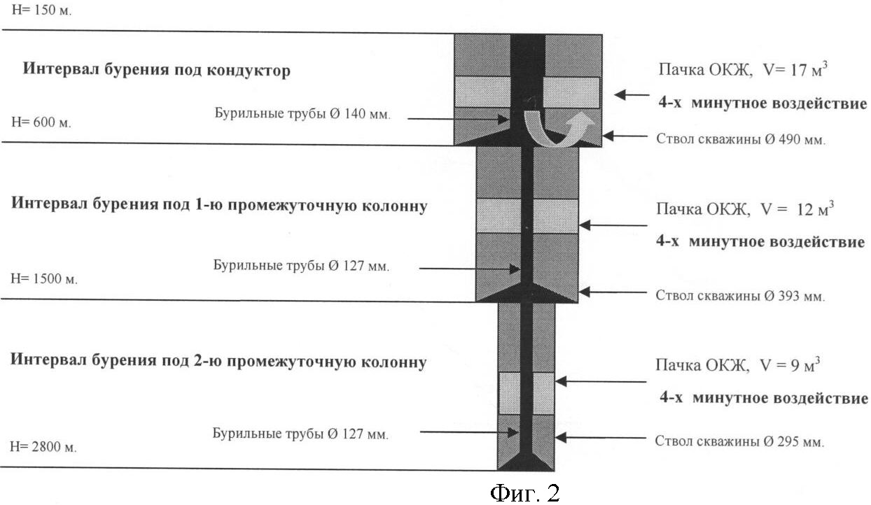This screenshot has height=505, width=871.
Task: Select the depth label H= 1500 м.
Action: [44, 278]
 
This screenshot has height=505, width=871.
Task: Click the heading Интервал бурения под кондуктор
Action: [156, 70]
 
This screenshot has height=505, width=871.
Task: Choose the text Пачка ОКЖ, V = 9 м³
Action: [738, 365]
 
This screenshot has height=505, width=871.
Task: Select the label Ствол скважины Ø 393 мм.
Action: [740, 295]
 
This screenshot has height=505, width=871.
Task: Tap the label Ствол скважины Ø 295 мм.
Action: [739, 442]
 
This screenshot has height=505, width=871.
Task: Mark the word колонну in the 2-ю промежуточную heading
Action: [392, 362]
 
